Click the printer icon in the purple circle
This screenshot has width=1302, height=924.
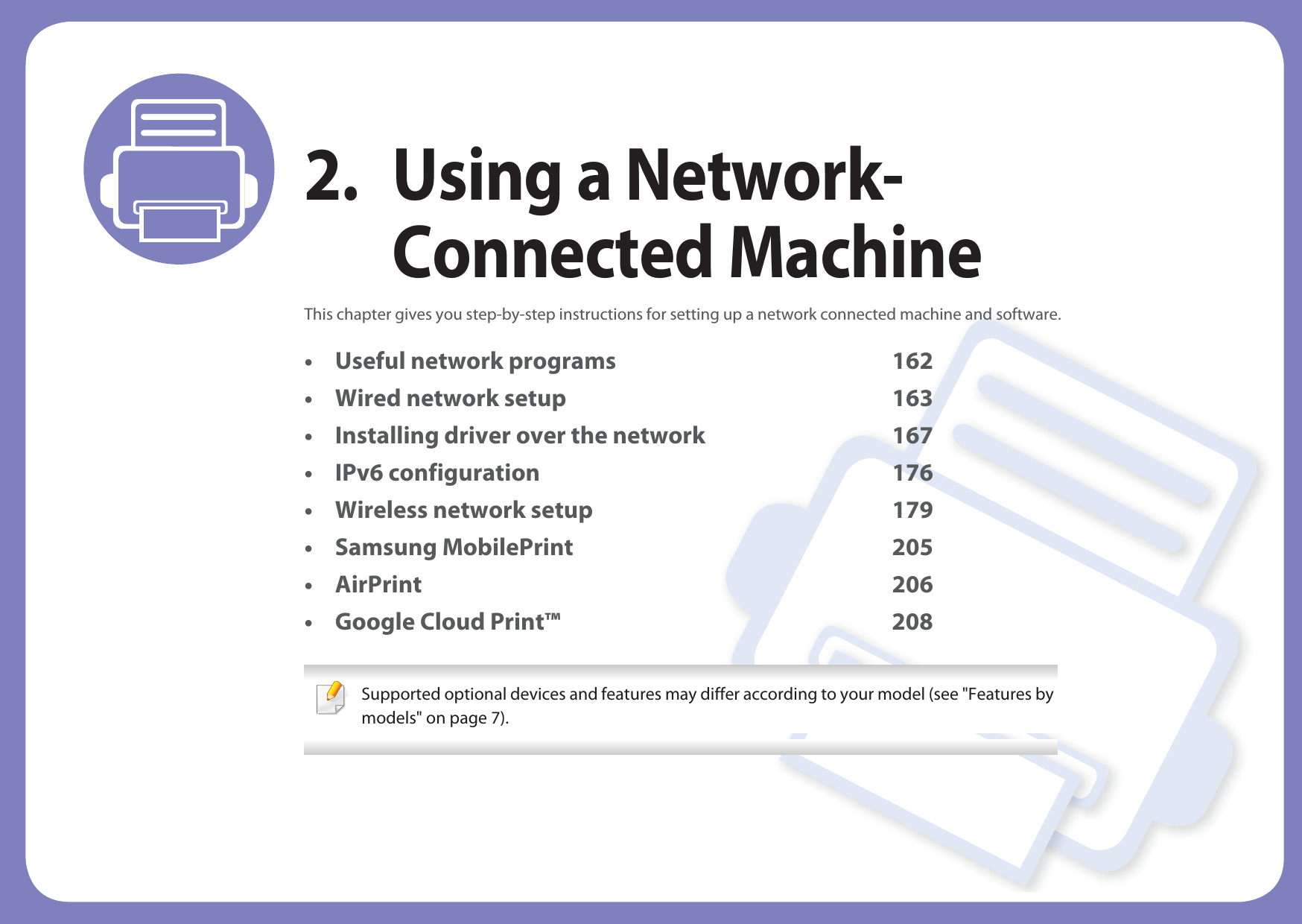click(179, 169)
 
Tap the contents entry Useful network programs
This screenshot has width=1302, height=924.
click(475, 361)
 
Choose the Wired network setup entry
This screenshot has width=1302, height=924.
click(450, 399)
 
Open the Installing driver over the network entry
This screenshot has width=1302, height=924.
click(519, 436)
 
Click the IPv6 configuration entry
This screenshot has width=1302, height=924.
click(436, 473)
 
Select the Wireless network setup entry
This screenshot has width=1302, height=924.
click(463, 510)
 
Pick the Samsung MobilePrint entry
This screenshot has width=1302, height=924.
click(454, 548)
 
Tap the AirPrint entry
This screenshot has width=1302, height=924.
click(378, 585)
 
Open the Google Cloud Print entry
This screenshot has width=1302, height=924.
click(447, 622)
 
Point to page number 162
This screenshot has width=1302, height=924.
click(912, 361)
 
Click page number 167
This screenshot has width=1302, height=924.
click(912, 436)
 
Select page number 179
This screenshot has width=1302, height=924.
click(912, 510)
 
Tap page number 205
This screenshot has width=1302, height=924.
click(912, 548)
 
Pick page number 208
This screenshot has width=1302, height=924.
click(912, 622)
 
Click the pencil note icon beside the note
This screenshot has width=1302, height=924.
click(331, 698)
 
